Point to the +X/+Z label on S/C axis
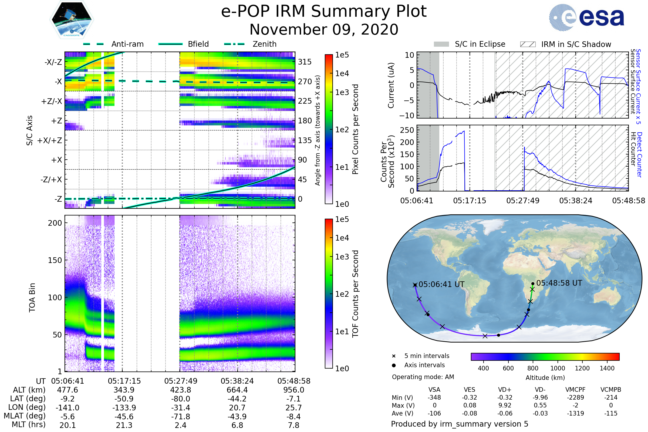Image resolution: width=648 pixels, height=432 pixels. point(50,140)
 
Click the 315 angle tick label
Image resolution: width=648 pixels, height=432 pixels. point(305,62)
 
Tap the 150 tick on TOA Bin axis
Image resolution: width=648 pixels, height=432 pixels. point(55,260)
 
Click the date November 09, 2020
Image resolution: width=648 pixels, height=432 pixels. point(324,29)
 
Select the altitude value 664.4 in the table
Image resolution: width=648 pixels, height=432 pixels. point(237,390)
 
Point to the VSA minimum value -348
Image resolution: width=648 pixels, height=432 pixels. point(434,397)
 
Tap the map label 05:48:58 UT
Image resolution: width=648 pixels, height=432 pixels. point(559,283)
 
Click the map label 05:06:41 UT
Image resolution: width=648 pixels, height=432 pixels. point(441,284)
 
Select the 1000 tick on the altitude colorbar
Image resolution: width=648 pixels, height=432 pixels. point(557,368)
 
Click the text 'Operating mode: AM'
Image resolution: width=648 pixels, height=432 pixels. point(423,377)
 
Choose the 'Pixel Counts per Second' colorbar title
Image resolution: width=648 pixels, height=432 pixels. point(355,129)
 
